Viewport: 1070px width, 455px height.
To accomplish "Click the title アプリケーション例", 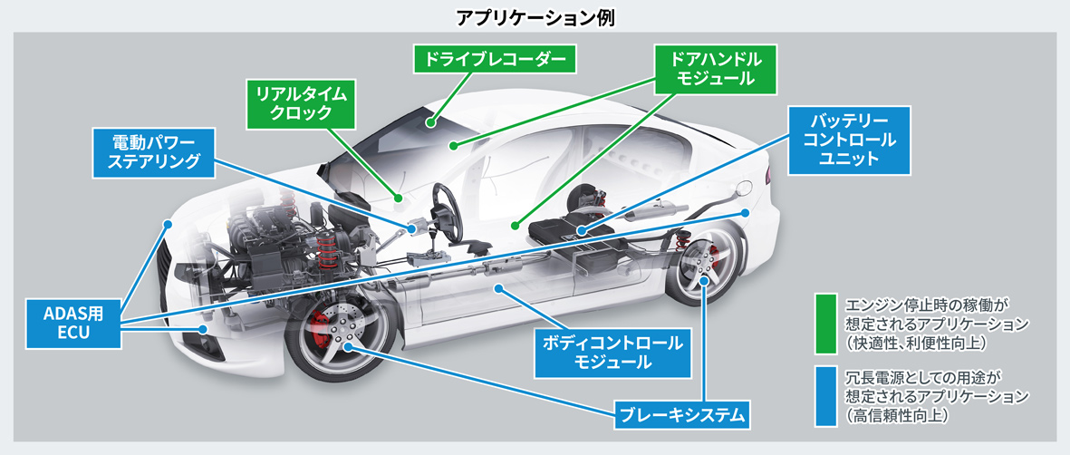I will [x=534, y=16].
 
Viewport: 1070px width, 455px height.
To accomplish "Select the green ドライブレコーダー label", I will [x=494, y=60].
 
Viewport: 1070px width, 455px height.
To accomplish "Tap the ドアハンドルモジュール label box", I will [x=716, y=68].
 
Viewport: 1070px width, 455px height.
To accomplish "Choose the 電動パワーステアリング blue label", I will [x=154, y=152].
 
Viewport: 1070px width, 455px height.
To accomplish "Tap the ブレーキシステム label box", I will [x=682, y=417].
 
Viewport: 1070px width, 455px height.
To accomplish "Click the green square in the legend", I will [x=824, y=323].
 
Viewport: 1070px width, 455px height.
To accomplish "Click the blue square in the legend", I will [x=824, y=395].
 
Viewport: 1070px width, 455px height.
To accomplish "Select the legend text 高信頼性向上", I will [x=897, y=416].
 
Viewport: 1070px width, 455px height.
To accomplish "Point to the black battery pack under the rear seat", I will [x=571, y=237].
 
